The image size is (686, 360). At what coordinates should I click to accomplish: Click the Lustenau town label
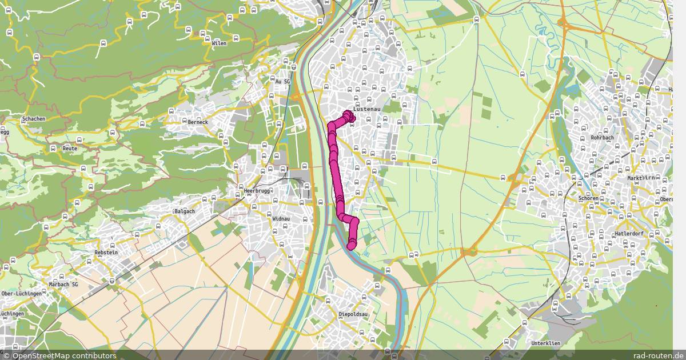[x=367, y=108]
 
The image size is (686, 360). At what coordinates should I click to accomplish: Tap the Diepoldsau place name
[x=352, y=314]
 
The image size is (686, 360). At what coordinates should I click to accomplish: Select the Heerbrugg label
[x=257, y=191]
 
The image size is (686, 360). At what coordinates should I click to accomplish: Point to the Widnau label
[x=282, y=218]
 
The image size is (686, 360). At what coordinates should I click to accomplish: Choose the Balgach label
[x=185, y=211]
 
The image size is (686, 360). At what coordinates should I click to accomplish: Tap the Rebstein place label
[x=106, y=252]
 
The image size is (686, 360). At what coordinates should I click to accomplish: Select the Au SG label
[x=283, y=82]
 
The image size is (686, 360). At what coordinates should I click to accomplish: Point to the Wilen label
[x=219, y=43]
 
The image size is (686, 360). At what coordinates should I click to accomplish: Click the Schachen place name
[x=33, y=119]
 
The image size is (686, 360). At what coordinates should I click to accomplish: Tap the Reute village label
[x=70, y=148]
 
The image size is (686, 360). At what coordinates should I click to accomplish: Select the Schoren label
[x=588, y=198]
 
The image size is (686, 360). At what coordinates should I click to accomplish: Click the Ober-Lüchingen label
[x=21, y=294]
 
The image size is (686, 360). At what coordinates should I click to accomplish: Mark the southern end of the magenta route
[x=351, y=246]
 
